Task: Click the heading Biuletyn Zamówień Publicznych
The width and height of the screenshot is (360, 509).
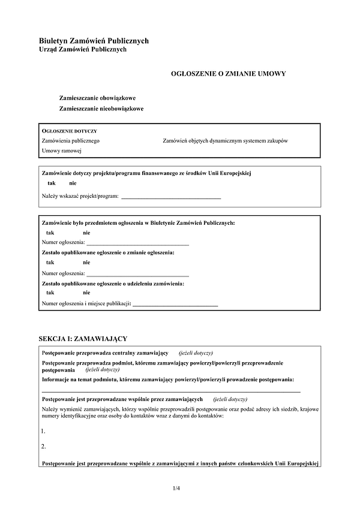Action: pos(93,41)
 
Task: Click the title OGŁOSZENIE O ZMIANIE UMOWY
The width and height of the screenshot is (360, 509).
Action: pos(228,74)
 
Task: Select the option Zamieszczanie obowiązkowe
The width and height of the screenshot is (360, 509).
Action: pos(97,97)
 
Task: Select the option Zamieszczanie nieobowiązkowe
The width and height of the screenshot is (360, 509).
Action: pos(101,109)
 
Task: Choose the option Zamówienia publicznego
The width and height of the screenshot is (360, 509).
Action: pos(70,140)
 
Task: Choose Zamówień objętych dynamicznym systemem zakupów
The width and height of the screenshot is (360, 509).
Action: pos(225,140)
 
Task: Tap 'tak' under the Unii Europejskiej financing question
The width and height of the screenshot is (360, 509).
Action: pos(52,183)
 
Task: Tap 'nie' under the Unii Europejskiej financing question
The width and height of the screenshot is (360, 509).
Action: pos(73,183)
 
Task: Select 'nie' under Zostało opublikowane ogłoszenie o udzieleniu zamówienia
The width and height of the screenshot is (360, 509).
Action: pos(86,293)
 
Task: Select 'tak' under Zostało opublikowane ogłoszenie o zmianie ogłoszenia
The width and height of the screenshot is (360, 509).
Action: pos(50,262)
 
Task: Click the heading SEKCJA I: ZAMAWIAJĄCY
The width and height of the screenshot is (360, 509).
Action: pos(82,339)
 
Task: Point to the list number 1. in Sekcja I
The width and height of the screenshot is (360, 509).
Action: pos(44,431)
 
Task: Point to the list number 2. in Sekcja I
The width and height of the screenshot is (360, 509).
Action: pos(44,446)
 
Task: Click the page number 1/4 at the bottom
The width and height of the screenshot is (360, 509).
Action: pos(176,488)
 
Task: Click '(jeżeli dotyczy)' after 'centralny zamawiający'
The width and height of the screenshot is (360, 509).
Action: pos(196,353)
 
